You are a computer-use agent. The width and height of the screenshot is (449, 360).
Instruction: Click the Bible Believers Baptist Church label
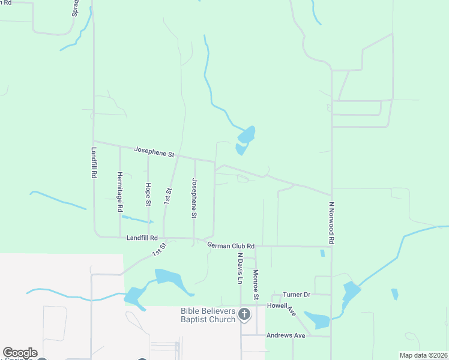(x=209, y=315)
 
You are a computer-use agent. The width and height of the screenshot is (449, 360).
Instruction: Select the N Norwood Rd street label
(x=331, y=222)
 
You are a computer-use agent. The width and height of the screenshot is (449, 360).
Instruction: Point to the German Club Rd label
(x=231, y=245)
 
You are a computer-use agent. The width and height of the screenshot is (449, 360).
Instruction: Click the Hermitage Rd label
(x=120, y=191)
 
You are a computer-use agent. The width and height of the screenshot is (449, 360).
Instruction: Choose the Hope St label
(x=148, y=194)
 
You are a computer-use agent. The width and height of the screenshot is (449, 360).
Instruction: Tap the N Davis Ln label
(x=240, y=268)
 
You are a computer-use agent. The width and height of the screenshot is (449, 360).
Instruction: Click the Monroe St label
(x=256, y=284)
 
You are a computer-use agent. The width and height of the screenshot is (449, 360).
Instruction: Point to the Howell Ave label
(x=282, y=309)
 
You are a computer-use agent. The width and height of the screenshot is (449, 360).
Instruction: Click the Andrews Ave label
(x=286, y=335)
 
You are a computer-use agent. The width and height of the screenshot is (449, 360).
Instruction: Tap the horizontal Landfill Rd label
(x=142, y=238)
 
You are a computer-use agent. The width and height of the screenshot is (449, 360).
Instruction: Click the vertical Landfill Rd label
(x=94, y=162)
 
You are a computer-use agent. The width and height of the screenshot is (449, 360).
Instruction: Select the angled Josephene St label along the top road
(x=154, y=152)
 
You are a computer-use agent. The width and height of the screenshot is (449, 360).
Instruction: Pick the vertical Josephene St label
(x=194, y=198)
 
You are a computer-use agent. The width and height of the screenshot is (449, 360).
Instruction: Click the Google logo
(x=20, y=353)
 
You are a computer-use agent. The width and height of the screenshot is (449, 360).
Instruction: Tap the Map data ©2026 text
(x=423, y=355)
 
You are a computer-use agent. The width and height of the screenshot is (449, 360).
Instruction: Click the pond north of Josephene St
(x=246, y=138)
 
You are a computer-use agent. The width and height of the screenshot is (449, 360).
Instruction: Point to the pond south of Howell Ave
(x=318, y=320)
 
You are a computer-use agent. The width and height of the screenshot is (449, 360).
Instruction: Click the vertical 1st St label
(x=168, y=196)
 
